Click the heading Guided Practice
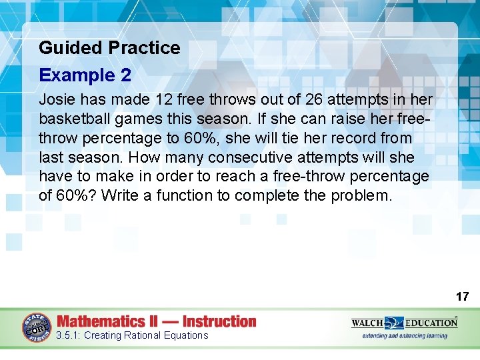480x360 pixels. click(109, 48)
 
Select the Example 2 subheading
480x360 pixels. click(85, 75)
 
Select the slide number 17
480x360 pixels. click(462, 296)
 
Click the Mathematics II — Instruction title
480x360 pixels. click(157, 321)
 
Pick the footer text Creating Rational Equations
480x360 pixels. click(145, 335)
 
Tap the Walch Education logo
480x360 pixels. click(404, 323)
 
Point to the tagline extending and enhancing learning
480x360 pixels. click(405, 336)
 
